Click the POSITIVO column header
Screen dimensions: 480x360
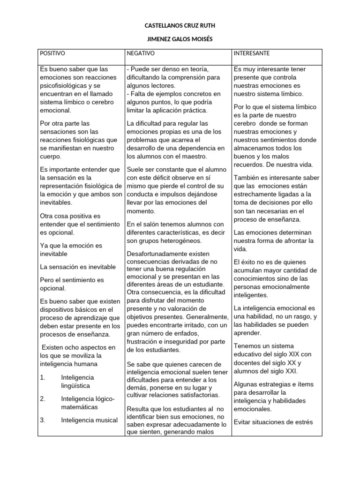coord(52,54)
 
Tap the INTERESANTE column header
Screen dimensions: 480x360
coord(252,54)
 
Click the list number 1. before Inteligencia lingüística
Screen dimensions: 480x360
coord(43,377)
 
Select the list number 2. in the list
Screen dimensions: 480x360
coord(43,399)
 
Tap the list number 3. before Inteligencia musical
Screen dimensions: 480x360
coord(43,420)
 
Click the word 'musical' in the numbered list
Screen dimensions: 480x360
coord(105,420)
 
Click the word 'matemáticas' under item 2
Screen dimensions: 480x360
coord(80,407)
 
